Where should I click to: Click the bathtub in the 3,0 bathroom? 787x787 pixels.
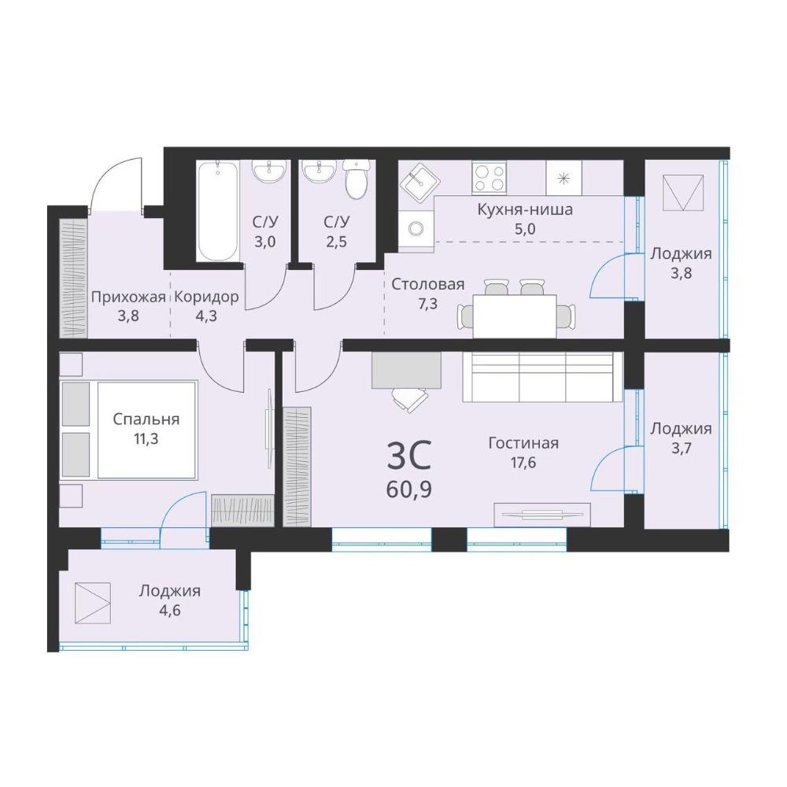click(218, 211)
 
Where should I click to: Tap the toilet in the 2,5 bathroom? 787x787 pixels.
click(357, 179)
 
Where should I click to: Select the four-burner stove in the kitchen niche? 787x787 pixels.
click(489, 177)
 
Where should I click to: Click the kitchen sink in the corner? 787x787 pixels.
click(419, 179)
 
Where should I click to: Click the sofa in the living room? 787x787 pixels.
click(542, 377)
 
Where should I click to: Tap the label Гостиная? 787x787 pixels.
click(523, 443)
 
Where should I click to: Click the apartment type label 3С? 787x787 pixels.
click(409, 456)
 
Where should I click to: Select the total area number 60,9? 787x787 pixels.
click(409, 489)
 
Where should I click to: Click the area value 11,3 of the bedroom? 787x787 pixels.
click(146, 439)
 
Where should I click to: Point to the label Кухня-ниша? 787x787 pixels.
click(524, 209)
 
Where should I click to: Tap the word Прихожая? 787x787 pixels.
click(128, 297)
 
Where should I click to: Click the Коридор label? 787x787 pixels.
click(206, 297)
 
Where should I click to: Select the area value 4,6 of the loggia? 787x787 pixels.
click(170, 611)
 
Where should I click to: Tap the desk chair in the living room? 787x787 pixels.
click(410, 399)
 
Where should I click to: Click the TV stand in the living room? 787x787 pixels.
click(542, 515)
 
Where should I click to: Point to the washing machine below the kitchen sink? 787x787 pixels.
click(416, 229)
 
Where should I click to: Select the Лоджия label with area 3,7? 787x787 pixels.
click(681, 429)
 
